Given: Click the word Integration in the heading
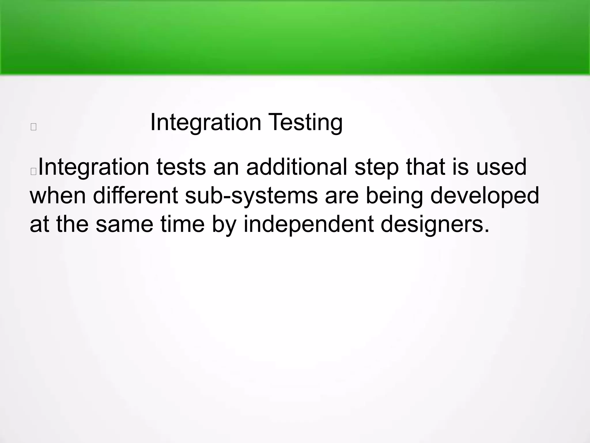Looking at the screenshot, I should pyautogui.click(x=206, y=123).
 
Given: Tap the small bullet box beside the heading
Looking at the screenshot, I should pyautogui.click(x=33, y=127).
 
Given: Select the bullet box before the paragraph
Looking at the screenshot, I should pyautogui.click(x=33, y=171).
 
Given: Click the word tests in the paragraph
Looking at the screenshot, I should pyautogui.click(x=181, y=167).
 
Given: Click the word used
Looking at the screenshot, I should pyautogui.click(x=501, y=167).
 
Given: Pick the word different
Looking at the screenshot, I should pyautogui.click(x=135, y=196).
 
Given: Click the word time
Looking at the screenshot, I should pyautogui.click(x=183, y=224).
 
